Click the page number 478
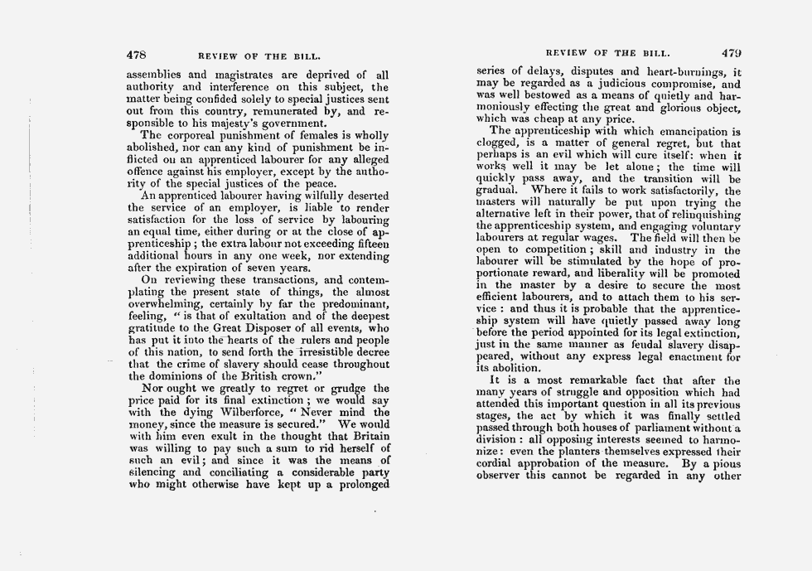135,55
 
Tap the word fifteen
368,244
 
